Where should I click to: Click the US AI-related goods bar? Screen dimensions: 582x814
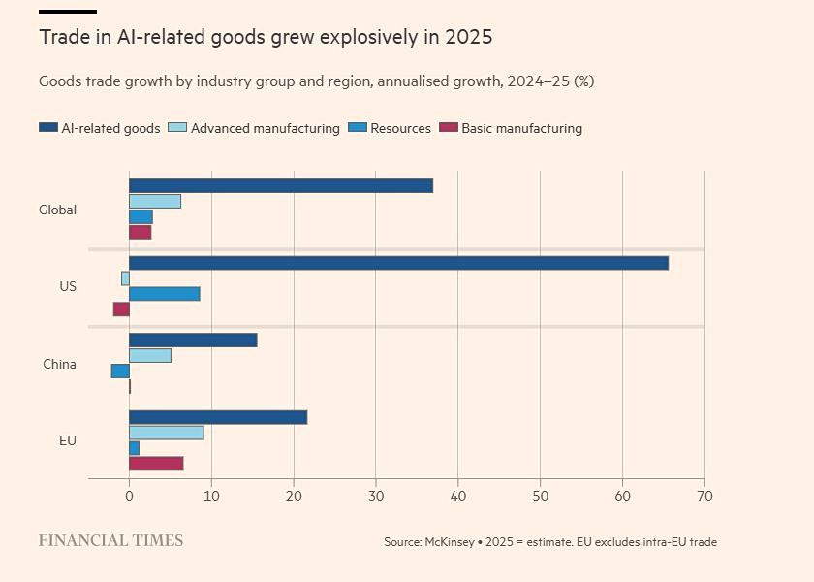click(398, 263)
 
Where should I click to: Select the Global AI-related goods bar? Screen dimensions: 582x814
click(281, 186)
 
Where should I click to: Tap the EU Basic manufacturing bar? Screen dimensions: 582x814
click(156, 464)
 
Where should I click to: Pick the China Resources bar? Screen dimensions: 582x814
click(120, 371)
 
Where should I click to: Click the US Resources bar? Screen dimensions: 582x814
click(165, 294)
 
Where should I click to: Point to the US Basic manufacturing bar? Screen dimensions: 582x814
click(121, 309)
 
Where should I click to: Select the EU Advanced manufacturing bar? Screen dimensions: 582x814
click(166, 433)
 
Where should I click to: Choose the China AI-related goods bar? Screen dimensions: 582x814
click(193, 339)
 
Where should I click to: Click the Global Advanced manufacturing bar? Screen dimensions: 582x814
click(155, 202)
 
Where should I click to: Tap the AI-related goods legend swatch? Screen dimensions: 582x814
click(48, 128)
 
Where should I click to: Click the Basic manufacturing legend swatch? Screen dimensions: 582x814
click(449, 128)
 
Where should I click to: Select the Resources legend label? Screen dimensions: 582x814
click(400, 128)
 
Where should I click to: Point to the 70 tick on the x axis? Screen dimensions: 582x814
click(704, 496)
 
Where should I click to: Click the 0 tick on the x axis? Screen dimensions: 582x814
click(129, 496)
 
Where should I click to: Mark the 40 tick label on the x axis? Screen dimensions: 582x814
click(457, 496)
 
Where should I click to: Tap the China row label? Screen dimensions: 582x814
click(59, 365)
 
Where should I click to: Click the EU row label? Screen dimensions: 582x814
click(67, 440)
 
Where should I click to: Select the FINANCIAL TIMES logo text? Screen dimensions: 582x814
click(110, 540)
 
